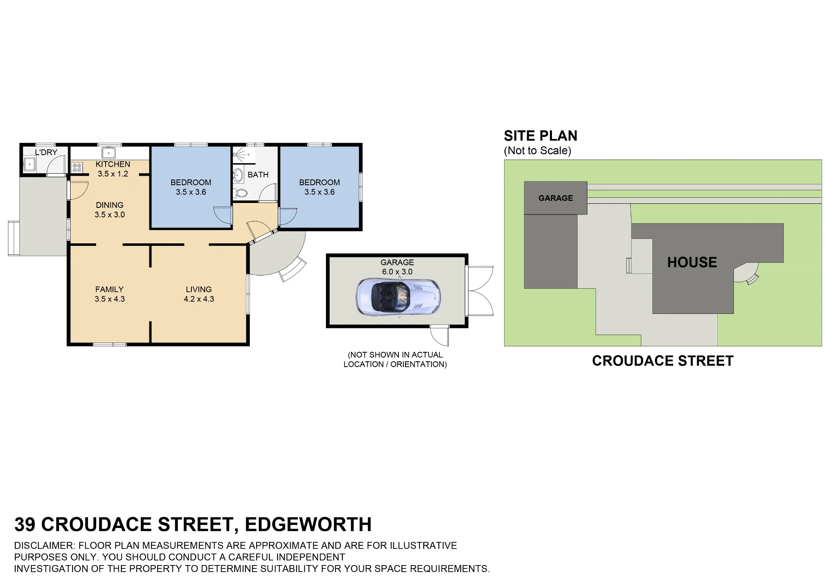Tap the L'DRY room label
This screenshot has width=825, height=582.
[x=46, y=152]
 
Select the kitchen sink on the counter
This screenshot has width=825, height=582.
[x=108, y=153]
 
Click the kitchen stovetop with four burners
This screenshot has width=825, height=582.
[x=77, y=167]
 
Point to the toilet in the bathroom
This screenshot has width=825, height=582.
[x=240, y=193]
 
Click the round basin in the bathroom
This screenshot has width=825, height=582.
[x=238, y=175]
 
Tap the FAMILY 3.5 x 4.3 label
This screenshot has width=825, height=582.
[x=109, y=294]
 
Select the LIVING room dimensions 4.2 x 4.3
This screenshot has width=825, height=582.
[x=199, y=299]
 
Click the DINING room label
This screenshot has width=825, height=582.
[x=110, y=205]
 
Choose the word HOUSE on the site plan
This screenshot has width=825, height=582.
[x=692, y=262]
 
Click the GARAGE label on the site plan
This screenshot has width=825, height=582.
[x=556, y=198]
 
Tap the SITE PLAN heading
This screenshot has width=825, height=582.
[x=540, y=136]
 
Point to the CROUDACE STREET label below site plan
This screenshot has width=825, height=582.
[x=663, y=361]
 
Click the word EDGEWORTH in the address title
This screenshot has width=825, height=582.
[x=308, y=525]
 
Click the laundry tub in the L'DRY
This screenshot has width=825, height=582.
[x=29, y=164]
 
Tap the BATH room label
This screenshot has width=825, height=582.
[x=258, y=175]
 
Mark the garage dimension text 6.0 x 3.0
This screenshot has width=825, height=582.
[x=397, y=272]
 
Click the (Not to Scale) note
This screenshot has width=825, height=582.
[x=537, y=151]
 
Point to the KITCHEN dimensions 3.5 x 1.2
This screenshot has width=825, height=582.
[x=113, y=174]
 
